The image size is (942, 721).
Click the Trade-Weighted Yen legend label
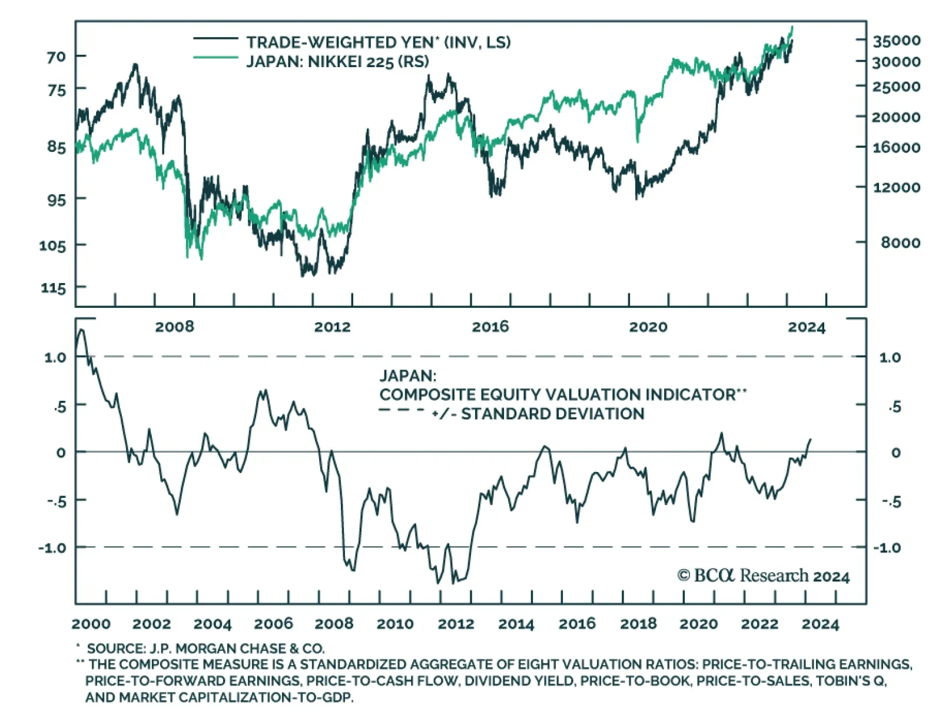tap(378, 42)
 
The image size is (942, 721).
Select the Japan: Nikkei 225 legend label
tap(337, 61)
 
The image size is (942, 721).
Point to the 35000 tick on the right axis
tap(896, 41)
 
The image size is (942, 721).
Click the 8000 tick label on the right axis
tap(900, 242)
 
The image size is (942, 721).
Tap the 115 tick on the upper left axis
tap(54, 288)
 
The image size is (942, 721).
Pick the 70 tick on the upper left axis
tap(57, 57)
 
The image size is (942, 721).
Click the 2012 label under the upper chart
tap(332, 327)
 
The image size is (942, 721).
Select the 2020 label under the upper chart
tap(648, 327)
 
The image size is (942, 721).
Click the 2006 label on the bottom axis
tap(273, 624)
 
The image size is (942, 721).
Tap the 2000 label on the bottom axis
tap(91, 624)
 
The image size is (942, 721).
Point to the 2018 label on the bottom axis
tap(638, 624)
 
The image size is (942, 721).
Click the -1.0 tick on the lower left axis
tap(53, 548)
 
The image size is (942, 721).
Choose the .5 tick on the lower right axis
tap(895, 407)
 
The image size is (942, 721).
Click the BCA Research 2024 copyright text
tap(763, 576)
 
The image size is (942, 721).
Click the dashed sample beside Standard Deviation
tap(401, 410)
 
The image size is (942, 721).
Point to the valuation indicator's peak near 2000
tap(82, 330)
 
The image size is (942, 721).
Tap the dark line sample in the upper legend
tap(215, 39)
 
